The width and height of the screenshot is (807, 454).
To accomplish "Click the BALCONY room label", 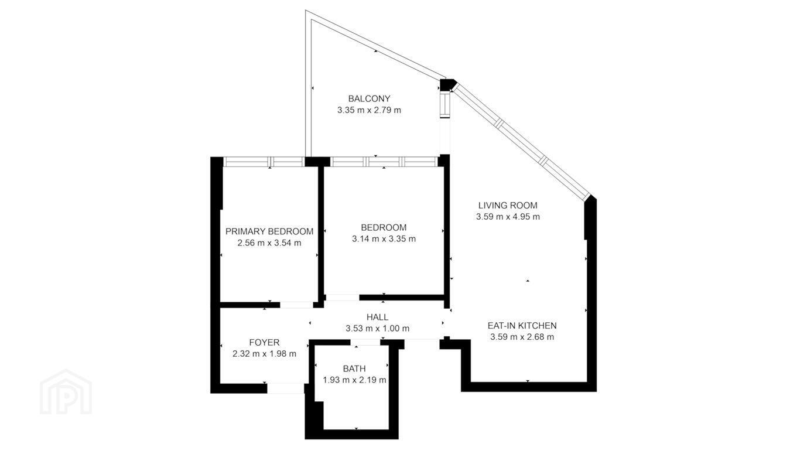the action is pyautogui.click(x=369, y=98).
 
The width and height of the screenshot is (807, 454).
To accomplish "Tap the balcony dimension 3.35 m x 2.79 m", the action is pyautogui.click(x=369, y=110).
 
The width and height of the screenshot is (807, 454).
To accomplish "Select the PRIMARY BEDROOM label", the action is pyautogui.click(x=269, y=231).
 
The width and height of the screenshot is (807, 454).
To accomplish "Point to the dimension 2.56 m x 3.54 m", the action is pyautogui.click(x=269, y=243).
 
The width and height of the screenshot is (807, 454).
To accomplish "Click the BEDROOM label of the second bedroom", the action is pyautogui.click(x=384, y=227).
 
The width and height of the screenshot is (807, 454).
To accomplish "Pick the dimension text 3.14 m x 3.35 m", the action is pyautogui.click(x=384, y=239).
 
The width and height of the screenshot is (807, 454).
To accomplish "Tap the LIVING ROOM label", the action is pyautogui.click(x=508, y=206).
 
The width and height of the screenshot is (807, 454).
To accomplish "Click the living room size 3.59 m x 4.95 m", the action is pyautogui.click(x=508, y=217).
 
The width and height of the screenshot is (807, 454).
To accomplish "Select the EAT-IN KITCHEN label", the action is pyautogui.click(x=522, y=326).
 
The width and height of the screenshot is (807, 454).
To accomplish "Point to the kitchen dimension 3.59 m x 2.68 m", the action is pyautogui.click(x=522, y=337).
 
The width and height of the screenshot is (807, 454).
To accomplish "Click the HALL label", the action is pyautogui.click(x=378, y=317).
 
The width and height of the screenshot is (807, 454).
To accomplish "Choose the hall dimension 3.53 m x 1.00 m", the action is pyautogui.click(x=378, y=329).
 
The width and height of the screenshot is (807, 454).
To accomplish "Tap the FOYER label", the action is pyautogui.click(x=265, y=342).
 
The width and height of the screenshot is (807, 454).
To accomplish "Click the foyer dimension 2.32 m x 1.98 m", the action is pyautogui.click(x=265, y=354).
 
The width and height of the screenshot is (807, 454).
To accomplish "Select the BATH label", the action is pyautogui.click(x=354, y=368).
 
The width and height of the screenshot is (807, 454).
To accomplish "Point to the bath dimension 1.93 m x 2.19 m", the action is pyautogui.click(x=354, y=380).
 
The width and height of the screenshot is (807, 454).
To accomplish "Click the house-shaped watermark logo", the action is pyautogui.click(x=66, y=392).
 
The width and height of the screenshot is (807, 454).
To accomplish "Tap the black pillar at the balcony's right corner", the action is pyautogui.click(x=447, y=85).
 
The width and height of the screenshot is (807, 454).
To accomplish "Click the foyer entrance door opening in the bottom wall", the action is pyautogui.click(x=286, y=388).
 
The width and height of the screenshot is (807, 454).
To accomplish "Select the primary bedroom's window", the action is pyautogui.click(x=264, y=162).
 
